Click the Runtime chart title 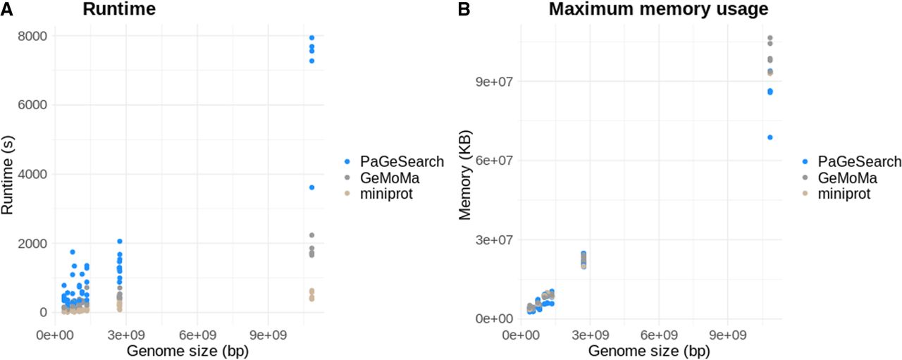(119, 9)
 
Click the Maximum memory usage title (658, 9)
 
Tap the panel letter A (6, 9)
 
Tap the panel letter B (464, 9)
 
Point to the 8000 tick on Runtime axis (32, 36)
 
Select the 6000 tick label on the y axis (32, 105)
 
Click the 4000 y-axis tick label (32, 174)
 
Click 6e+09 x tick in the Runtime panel (197, 335)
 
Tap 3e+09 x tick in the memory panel (590, 335)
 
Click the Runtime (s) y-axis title (7, 175)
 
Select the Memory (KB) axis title (464, 175)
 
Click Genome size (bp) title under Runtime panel (187, 351)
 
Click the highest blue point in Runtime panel (311, 38)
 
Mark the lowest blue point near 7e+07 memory (770, 137)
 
